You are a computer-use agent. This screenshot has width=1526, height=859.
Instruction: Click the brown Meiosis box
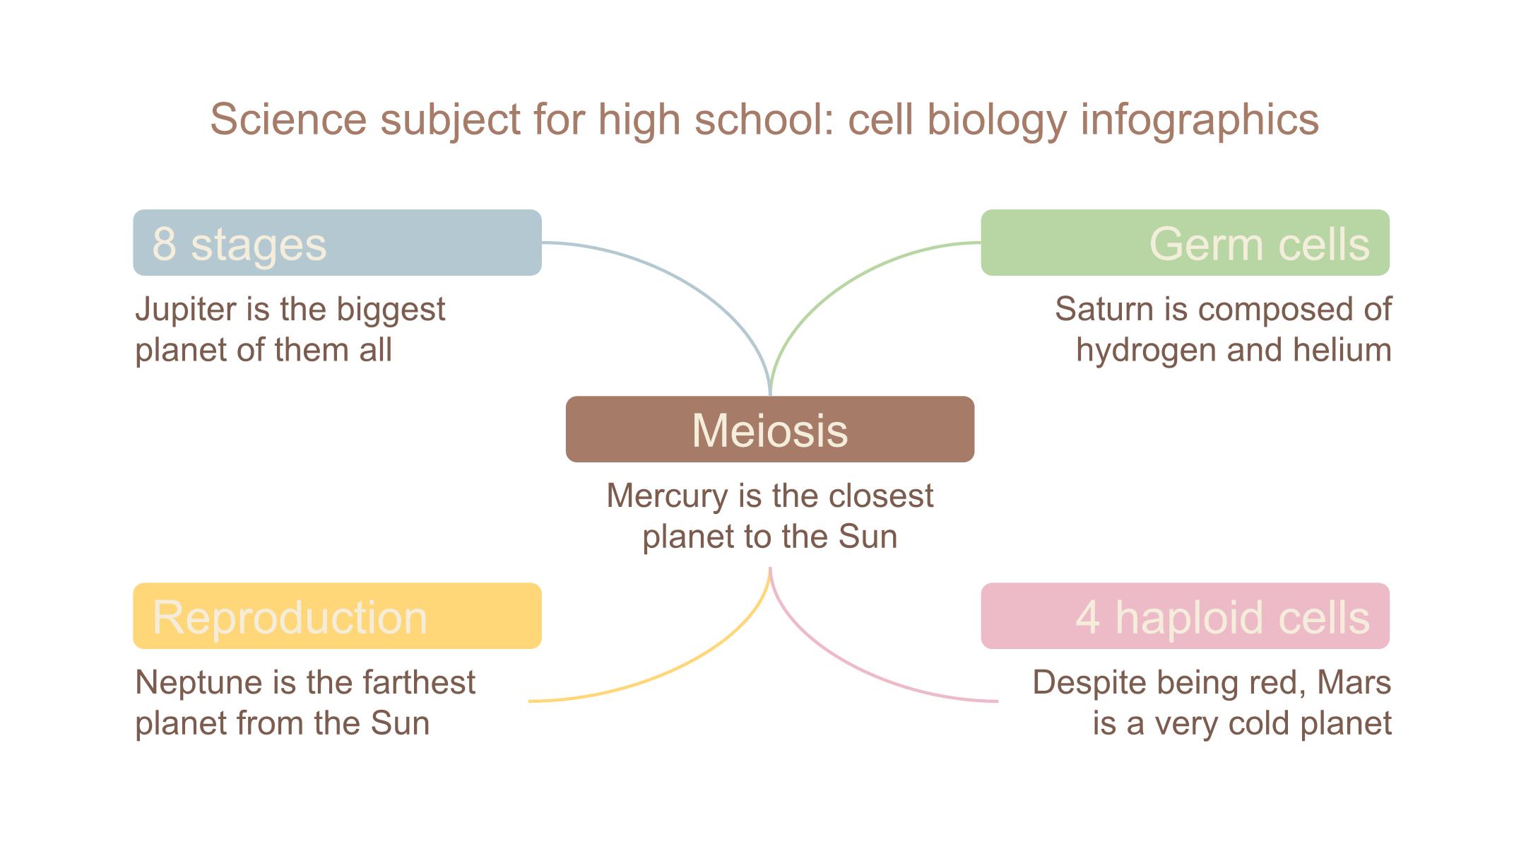click(x=770, y=429)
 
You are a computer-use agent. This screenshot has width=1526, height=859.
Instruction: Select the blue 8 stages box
click(x=337, y=242)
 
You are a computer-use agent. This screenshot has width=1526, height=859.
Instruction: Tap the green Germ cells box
click(x=1185, y=242)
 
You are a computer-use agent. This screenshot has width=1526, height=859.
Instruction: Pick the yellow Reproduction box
click(x=337, y=616)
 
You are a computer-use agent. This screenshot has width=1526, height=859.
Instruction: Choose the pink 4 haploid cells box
click(x=1185, y=616)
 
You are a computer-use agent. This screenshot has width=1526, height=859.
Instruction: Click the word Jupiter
click(x=186, y=310)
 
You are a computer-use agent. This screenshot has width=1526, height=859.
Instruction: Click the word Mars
click(x=1354, y=683)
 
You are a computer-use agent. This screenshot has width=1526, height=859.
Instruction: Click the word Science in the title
click(x=288, y=119)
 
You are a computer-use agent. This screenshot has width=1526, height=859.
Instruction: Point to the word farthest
click(x=419, y=683)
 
